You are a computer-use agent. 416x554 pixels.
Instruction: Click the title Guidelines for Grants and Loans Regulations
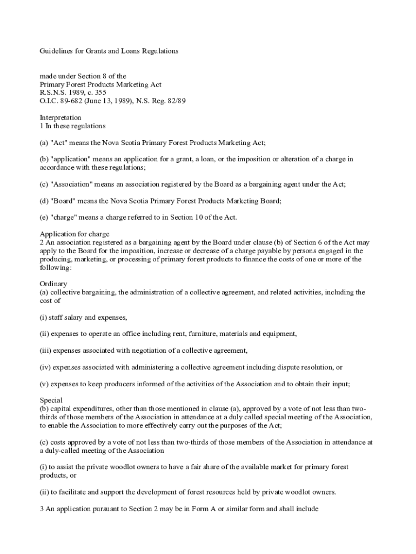coord(109,51)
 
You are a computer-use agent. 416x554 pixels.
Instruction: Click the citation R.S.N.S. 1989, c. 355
coord(73,93)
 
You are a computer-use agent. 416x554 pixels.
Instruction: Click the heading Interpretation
coord(61,117)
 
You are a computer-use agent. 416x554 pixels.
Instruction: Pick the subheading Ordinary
coord(53,284)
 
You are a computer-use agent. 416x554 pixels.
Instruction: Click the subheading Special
coord(51,400)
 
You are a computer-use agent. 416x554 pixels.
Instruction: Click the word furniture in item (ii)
coord(182,334)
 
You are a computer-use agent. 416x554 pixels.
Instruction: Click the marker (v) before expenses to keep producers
coord(45,384)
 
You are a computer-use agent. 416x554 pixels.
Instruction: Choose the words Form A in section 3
coord(185,509)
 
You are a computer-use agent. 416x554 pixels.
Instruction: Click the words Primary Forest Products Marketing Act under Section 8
coord(100,84)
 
